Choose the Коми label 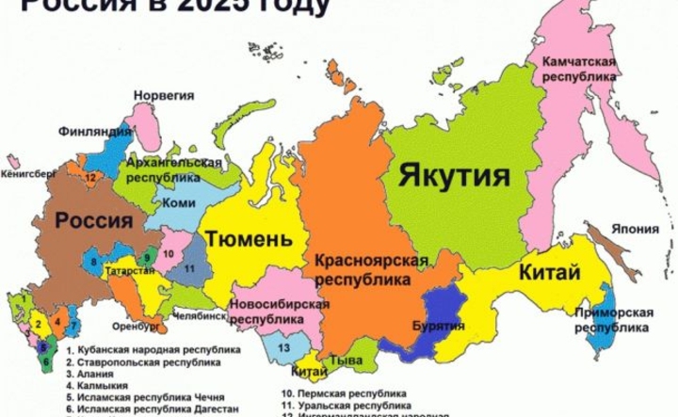point(178,202)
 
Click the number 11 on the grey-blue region point(189,268)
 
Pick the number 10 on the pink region point(167,253)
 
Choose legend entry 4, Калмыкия point(101,384)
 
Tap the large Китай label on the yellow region point(547,274)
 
